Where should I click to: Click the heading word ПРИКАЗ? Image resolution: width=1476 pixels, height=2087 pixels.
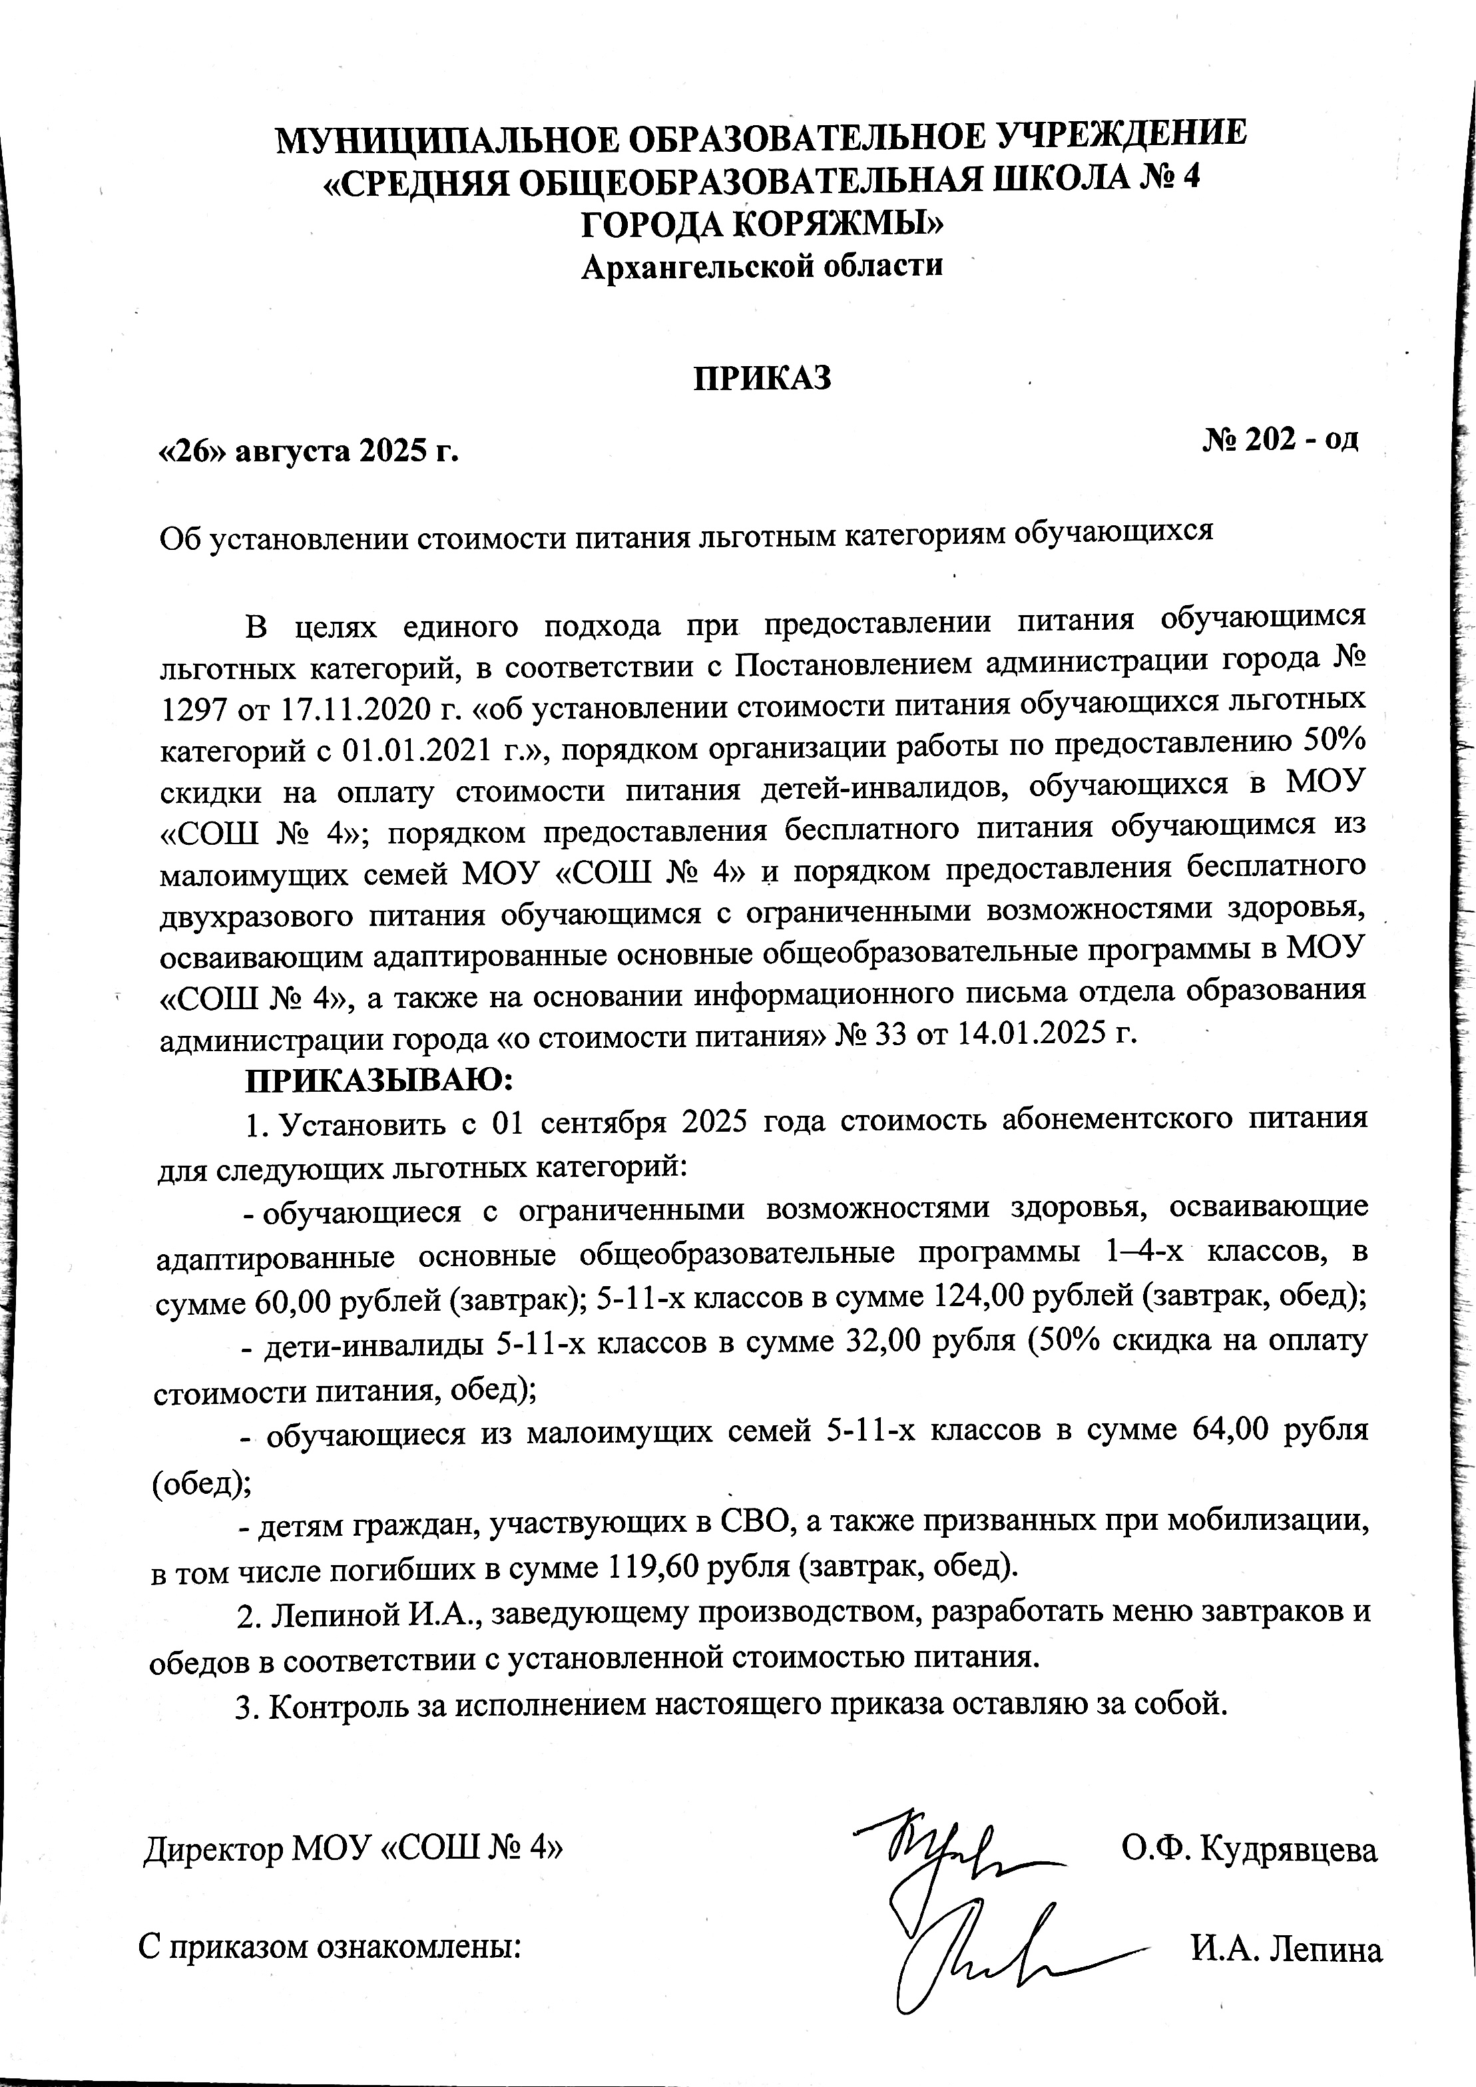click(762, 378)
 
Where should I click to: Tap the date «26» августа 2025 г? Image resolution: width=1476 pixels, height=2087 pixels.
click(308, 450)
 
